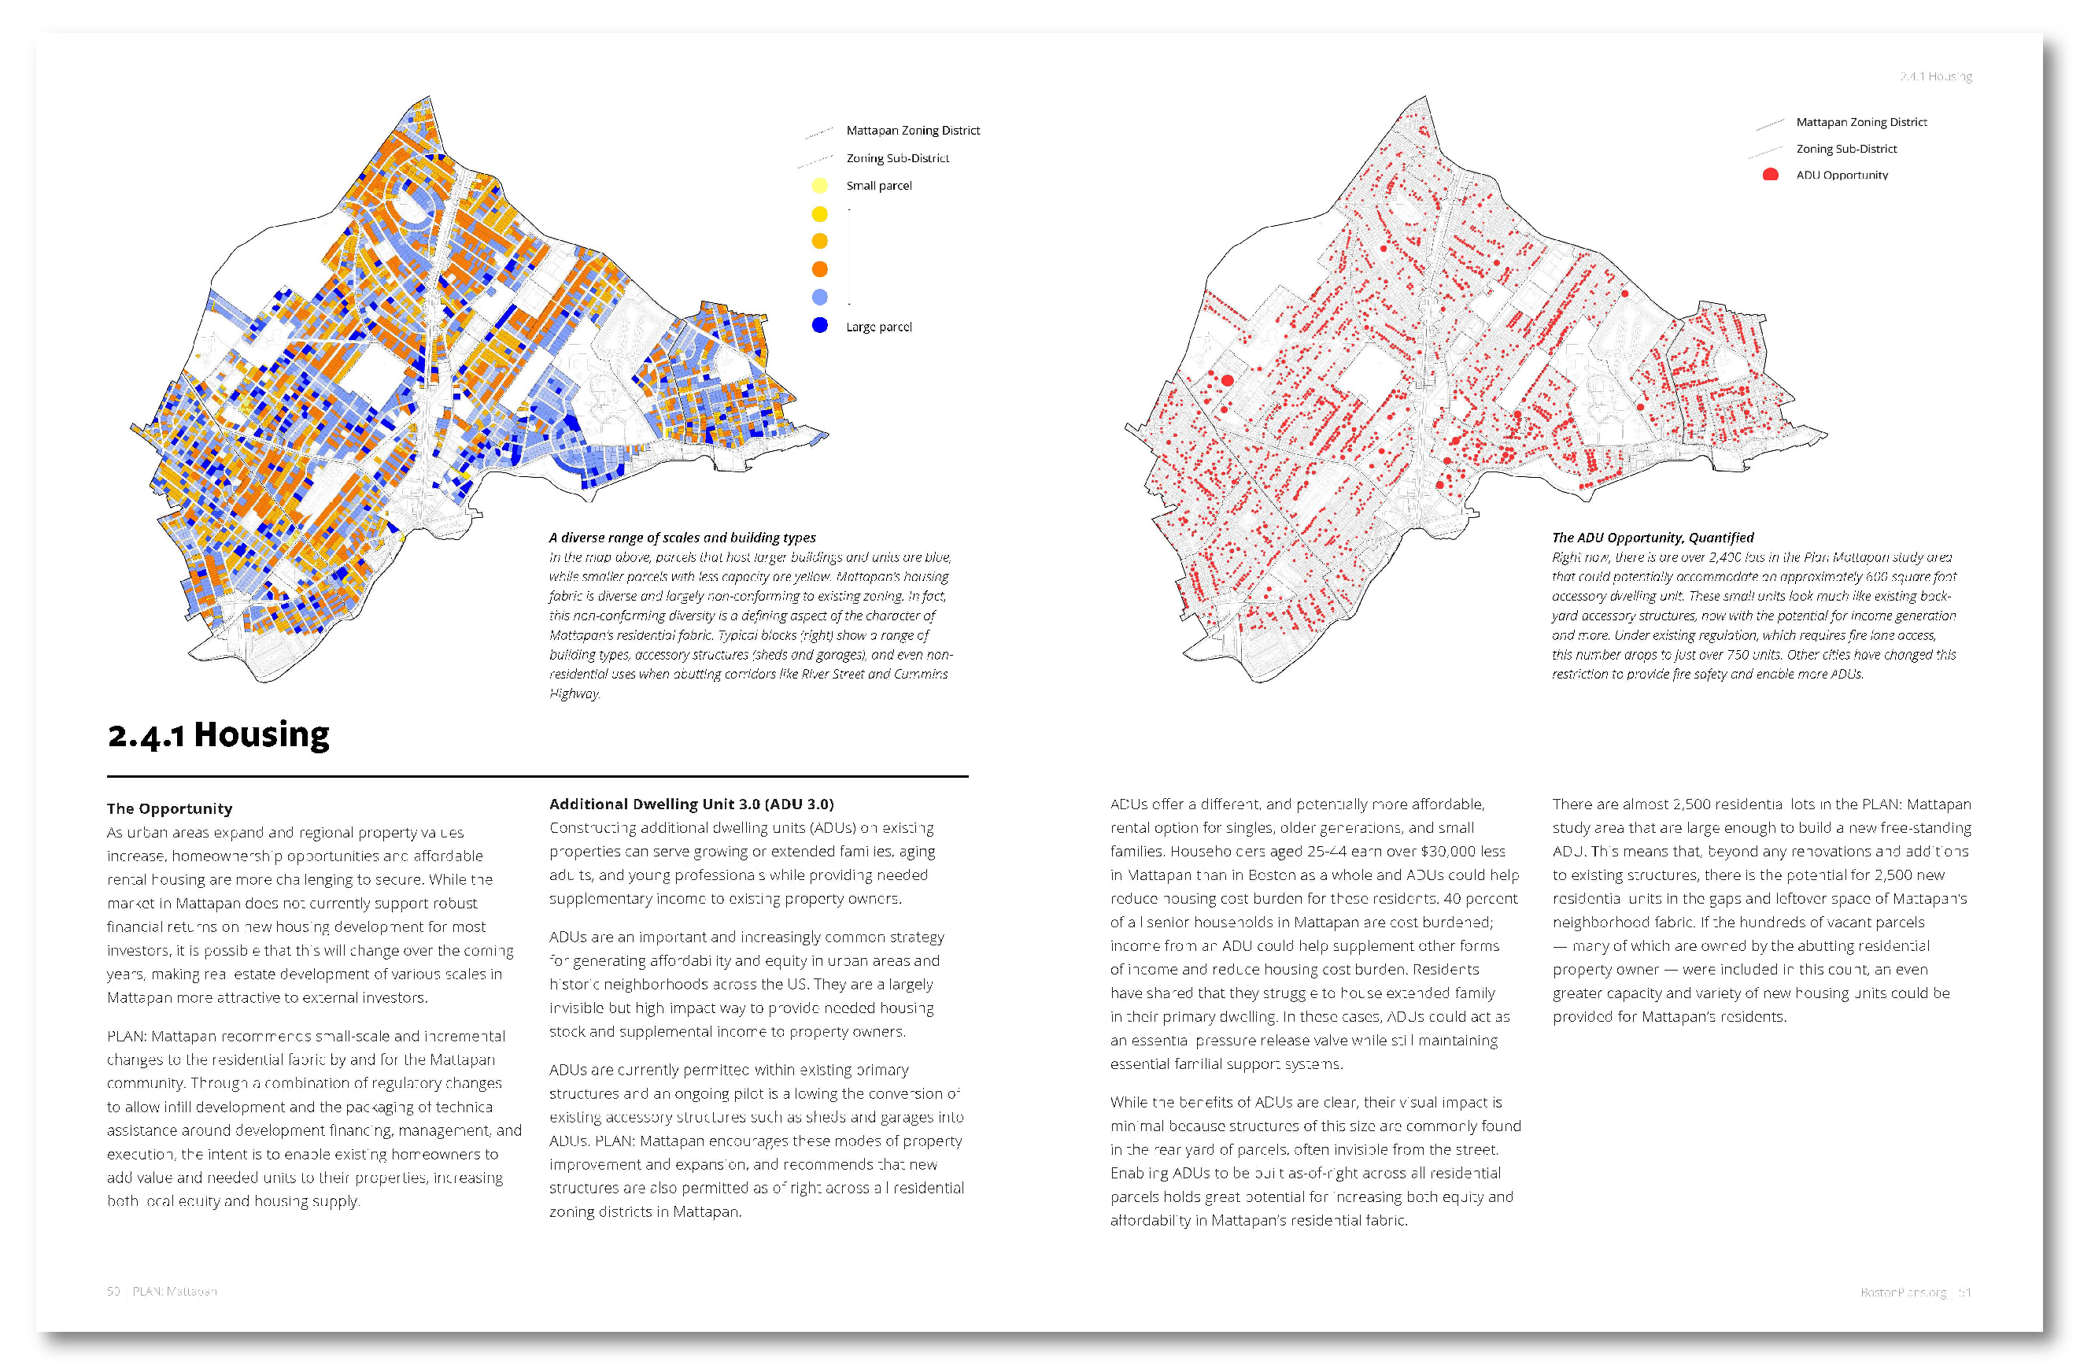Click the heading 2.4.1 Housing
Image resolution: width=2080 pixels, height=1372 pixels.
(219, 735)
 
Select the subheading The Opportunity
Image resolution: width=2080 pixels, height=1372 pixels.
(170, 808)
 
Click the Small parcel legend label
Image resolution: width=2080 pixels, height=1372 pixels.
(878, 186)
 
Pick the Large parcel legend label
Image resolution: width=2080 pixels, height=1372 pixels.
(878, 327)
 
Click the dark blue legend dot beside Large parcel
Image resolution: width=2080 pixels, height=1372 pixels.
(819, 326)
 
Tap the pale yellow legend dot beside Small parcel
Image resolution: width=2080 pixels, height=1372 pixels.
(819, 186)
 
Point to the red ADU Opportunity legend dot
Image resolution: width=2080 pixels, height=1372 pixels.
(1771, 175)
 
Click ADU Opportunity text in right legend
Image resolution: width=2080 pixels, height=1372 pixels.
(1842, 175)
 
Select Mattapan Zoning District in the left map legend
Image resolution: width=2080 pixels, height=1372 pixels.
(912, 131)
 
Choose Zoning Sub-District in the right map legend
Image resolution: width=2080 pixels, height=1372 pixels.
(1846, 149)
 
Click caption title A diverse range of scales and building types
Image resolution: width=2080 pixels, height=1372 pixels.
(682, 538)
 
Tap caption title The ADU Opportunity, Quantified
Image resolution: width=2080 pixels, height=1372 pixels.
(1653, 538)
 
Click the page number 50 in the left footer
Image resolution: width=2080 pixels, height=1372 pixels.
(113, 1292)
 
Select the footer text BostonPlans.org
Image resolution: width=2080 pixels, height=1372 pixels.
(1902, 1292)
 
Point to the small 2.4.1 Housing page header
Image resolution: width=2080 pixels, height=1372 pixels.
(1935, 77)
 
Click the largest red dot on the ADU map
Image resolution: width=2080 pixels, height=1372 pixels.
(1227, 381)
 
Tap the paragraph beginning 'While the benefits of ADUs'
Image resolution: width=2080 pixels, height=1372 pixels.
(1314, 1161)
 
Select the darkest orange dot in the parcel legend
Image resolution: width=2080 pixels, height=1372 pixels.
(819, 269)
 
